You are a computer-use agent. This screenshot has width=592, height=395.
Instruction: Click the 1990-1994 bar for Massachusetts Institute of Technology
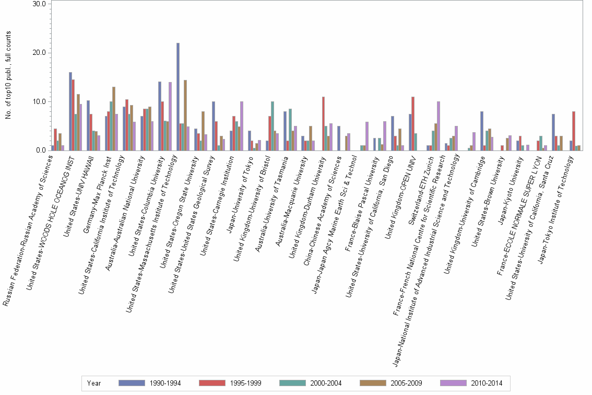178,97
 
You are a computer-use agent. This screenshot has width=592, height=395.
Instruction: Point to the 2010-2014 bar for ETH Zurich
439,126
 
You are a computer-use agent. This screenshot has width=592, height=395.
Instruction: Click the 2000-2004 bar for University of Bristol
273,126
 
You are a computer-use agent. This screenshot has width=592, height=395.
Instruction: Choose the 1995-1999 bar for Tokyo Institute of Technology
574,131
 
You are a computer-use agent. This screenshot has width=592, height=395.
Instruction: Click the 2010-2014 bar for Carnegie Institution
242,126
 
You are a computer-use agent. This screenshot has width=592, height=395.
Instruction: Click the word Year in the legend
94,383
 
